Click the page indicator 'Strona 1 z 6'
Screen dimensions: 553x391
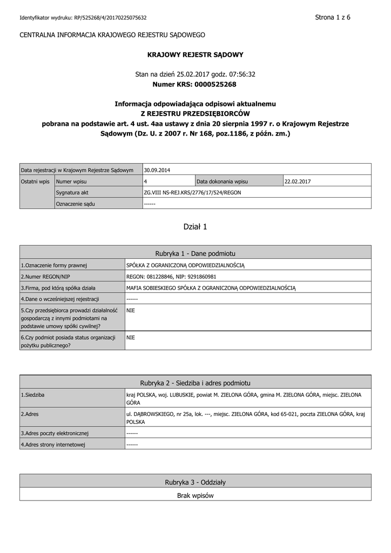tap(333, 17)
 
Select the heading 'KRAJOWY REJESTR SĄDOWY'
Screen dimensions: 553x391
tap(195, 55)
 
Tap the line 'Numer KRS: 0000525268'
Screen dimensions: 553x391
tap(195, 84)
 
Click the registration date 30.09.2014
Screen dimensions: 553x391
tap(157, 170)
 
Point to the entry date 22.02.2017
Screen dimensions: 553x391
tap(298, 181)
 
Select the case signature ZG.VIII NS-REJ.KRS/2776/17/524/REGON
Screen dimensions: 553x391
tap(193, 192)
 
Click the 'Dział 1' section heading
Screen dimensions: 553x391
tap(195, 227)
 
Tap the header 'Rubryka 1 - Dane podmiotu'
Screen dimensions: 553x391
tap(195, 253)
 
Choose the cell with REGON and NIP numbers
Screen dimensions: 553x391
tap(171, 276)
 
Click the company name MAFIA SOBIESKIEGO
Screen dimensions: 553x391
tap(211, 288)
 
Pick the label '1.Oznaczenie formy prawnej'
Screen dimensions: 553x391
tap(54, 265)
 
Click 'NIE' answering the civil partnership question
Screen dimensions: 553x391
tap(130, 311)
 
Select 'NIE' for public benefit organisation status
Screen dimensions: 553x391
tap(130, 338)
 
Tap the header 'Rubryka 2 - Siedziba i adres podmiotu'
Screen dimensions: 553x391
tap(195, 382)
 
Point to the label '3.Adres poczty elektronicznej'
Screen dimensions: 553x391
tap(55, 433)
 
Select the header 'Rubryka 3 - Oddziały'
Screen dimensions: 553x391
tap(195, 481)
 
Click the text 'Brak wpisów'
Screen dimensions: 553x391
tap(195, 495)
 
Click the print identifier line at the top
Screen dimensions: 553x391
tap(83, 18)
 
